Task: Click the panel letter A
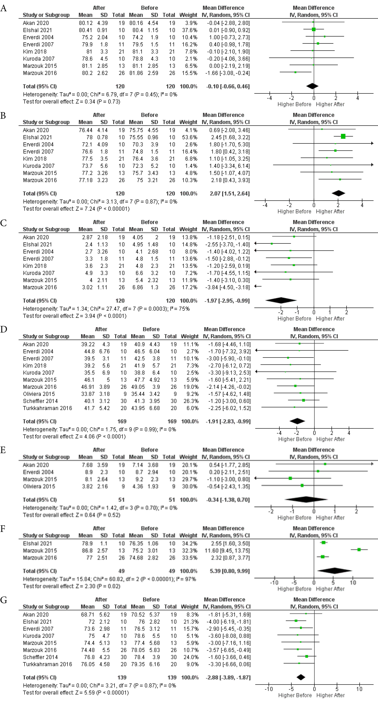[4, 8]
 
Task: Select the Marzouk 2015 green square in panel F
[359, 550]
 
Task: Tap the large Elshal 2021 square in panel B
[343, 136]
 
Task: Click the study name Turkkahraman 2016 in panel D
[47, 408]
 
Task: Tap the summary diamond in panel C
[281, 300]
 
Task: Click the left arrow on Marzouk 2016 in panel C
[257, 286]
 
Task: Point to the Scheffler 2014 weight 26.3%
[190, 401]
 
